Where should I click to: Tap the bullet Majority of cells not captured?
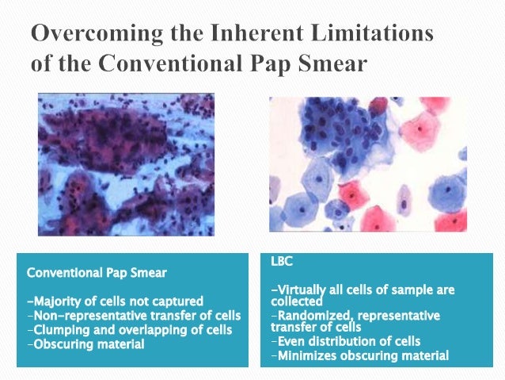coord(116,301)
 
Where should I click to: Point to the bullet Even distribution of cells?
coord(348,341)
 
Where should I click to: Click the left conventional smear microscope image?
coord(126,163)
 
